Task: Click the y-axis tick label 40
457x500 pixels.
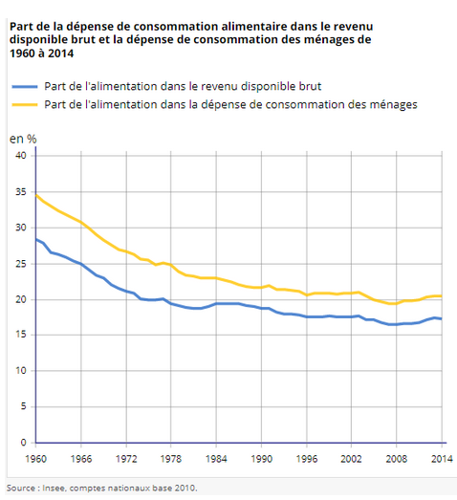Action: point(21,156)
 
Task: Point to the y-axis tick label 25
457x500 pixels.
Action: point(21,264)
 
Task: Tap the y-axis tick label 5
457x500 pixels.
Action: point(23,406)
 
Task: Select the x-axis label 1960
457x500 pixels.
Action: point(35,459)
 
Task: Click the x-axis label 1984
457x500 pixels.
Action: point(216,459)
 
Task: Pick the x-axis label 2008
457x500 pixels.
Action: point(397,459)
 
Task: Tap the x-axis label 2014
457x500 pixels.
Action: point(442,459)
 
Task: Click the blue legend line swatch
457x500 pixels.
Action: point(25,87)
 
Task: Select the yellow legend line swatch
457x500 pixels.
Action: point(25,104)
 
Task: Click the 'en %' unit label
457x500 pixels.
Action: point(23,139)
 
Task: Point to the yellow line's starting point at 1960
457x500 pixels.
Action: point(36,195)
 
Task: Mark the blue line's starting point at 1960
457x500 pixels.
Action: point(36,239)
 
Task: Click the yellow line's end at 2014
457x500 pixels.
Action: point(442,296)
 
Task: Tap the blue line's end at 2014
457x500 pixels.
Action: point(442,318)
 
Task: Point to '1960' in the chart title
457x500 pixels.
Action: point(22,54)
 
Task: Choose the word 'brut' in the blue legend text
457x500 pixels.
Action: point(310,86)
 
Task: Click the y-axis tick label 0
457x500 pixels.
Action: point(24,443)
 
